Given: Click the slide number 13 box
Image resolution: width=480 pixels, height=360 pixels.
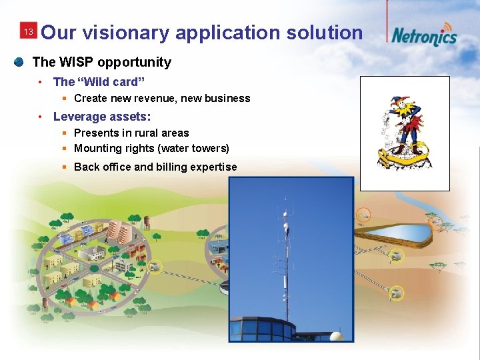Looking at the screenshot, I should point(28,32).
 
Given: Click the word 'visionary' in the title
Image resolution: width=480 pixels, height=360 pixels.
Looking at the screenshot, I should point(131,33).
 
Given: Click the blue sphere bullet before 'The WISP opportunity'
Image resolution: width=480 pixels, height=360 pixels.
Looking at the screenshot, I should point(19,62).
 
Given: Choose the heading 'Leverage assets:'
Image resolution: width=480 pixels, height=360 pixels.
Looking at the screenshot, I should point(102,117).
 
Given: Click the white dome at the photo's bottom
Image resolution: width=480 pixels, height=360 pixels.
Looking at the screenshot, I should point(337,335).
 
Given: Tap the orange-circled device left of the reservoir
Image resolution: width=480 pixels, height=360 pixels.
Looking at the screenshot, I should point(363,215).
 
